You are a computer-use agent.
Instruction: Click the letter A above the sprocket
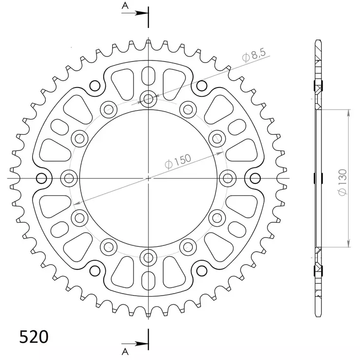tap(125, 6)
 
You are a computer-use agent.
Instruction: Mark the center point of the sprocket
tap(149, 177)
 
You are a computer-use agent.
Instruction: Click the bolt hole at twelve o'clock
tap(149, 98)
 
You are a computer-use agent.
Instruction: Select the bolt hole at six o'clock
tap(149, 256)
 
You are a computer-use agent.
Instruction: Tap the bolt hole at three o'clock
tap(228, 177)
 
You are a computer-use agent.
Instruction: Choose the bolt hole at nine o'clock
tap(69, 177)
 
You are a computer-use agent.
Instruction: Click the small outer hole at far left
tap(42, 177)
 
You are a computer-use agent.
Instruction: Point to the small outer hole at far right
tap(255, 177)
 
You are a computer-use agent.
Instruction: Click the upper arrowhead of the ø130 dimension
tap(348, 112)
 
